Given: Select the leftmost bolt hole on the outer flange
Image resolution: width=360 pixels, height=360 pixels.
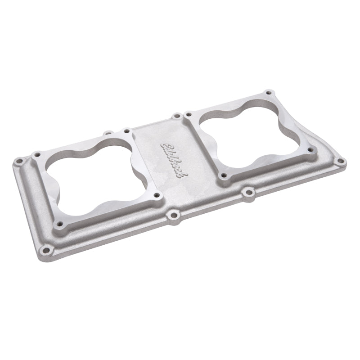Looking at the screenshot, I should (x=19, y=161).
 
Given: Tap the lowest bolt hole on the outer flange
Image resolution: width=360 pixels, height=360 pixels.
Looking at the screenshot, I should (x=45, y=249).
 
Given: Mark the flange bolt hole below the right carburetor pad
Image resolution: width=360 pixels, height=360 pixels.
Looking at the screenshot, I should (x=248, y=193).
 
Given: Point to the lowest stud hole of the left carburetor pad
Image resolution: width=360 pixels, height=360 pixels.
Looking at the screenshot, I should (x=58, y=223).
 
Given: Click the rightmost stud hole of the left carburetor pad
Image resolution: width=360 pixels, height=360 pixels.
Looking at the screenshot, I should (x=156, y=196).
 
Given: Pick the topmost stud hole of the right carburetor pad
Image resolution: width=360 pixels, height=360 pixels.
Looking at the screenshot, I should (x=268, y=93).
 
